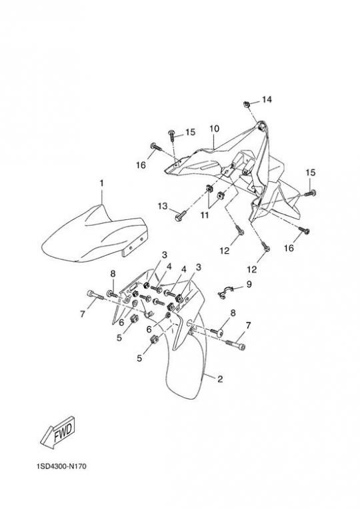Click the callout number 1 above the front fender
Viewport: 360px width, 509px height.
coord(102,183)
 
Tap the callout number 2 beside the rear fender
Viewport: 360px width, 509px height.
coord(220,379)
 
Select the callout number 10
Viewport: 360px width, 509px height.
coord(214,129)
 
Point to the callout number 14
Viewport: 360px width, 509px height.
coord(267,99)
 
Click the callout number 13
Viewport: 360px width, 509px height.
coord(163,206)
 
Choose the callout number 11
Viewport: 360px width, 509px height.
coord(205,215)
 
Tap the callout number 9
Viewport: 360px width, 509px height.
coord(249,284)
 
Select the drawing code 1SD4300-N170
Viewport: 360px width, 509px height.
coord(61,466)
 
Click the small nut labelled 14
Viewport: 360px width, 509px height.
coord(246,105)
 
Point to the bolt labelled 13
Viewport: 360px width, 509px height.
coord(181,216)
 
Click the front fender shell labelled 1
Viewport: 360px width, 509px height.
coord(94,234)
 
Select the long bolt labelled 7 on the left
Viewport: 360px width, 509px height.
coord(95,295)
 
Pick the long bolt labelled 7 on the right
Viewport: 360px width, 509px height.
coord(235,344)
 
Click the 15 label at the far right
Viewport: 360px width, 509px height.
coord(311,173)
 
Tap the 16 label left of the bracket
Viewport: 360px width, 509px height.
coord(141,165)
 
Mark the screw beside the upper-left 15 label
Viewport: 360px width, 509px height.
coord(172,135)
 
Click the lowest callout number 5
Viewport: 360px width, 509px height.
coord(139,358)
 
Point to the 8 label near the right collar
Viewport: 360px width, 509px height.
coord(233,313)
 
